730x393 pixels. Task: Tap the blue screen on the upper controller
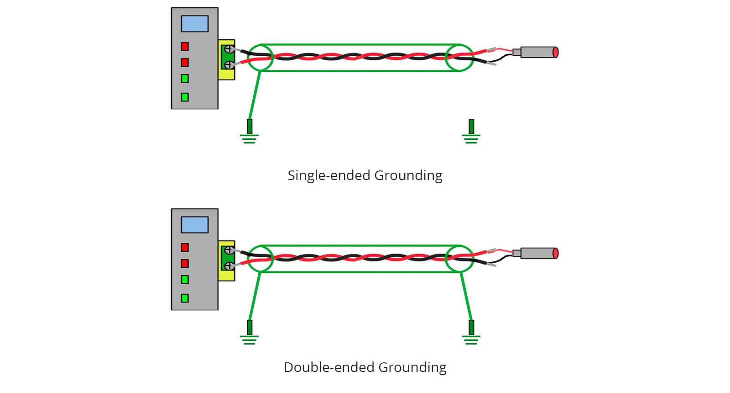195,24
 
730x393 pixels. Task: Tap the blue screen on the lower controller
195,225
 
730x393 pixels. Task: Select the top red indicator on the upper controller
185,46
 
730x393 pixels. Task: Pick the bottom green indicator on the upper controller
185,97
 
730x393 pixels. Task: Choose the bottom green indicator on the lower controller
185,298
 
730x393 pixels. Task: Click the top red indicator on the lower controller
185,247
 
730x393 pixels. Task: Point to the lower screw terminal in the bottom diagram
229,266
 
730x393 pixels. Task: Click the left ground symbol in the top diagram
250,133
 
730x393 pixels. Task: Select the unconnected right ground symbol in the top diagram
471,133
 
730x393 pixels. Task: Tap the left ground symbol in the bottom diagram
250,334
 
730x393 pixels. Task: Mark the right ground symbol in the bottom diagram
471,334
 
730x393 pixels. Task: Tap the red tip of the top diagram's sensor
555,52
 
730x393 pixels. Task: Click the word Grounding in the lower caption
412,367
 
